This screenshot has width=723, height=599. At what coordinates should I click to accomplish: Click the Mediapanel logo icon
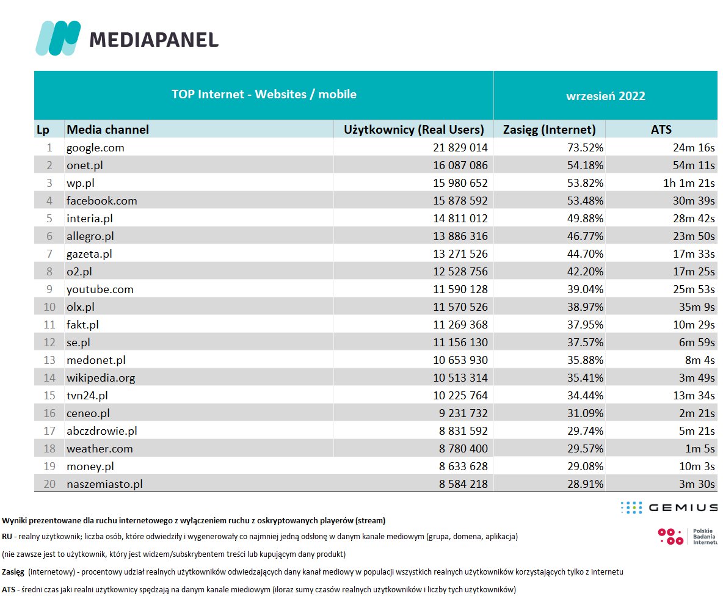point(58,38)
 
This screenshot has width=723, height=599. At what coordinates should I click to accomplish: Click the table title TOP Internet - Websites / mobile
point(264,94)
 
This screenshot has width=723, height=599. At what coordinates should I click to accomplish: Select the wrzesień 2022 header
point(605,96)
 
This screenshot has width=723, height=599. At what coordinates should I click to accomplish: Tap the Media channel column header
point(107,129)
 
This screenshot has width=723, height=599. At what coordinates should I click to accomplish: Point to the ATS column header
point(661,129)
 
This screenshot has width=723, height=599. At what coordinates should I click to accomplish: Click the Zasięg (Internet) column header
point(549,129)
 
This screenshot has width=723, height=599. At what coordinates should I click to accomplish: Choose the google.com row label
point(95,147)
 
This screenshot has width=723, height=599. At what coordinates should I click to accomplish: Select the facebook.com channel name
point(102,200)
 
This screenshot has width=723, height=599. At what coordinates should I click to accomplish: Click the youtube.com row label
point(100,289)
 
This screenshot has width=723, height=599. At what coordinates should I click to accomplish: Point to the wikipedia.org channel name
point(101,377)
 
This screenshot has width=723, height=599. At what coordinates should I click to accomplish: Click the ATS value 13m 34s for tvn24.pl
point(692,395)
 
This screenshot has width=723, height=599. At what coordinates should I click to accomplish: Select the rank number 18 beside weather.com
point(50,448)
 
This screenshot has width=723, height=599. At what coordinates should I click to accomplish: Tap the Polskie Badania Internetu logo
point(687,536)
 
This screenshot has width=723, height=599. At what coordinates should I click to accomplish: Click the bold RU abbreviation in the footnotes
point(7,537)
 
